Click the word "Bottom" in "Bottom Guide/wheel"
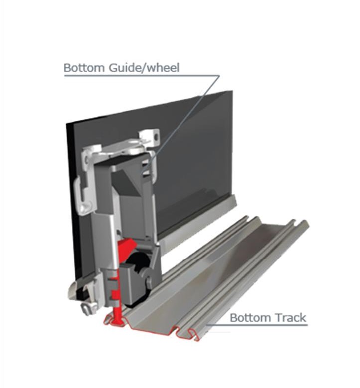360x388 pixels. coord(84,68)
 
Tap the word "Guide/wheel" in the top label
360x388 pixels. coord(144,68)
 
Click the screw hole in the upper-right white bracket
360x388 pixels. coord(156,136)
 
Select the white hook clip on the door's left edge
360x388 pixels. coord(83,195)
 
